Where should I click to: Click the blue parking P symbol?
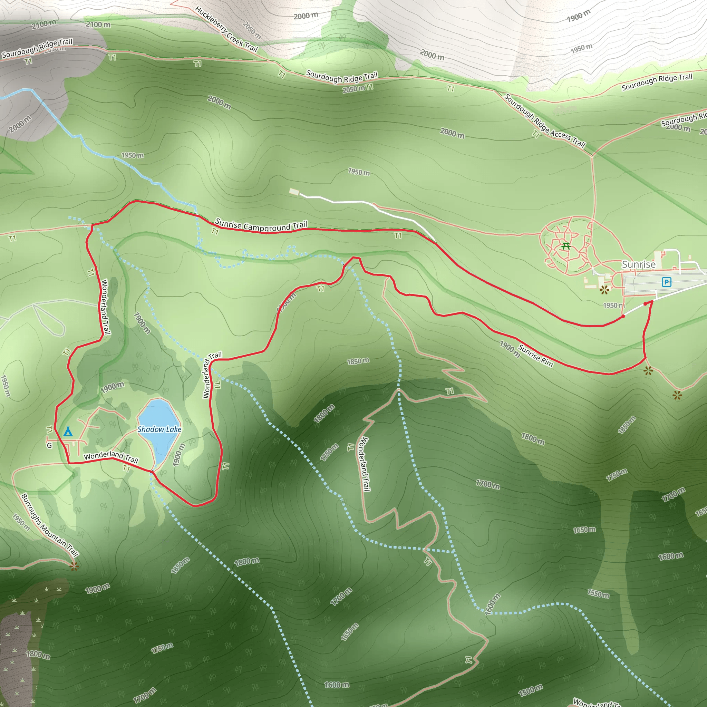(x=666, y=282)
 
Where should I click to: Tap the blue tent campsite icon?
(x=68, y=432)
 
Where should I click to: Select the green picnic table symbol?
(x=566, y=246)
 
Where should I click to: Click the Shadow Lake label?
(x=159, y=429)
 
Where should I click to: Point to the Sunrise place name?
(x=639, y=264)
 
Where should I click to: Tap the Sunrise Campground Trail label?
(x=261, y=225)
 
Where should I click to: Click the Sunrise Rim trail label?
(x=535, y=355)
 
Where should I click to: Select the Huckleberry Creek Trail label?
(x=226, y=29)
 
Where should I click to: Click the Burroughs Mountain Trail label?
(x=50, y=525)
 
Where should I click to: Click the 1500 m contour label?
(x=530, y=690)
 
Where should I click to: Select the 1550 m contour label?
(x=598, y=593)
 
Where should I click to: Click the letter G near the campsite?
(x=49, y=445)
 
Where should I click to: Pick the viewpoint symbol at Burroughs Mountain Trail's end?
(x=74, y=566)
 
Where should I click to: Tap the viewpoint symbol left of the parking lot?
(x=604, y=290)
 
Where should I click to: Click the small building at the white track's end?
(x=294, y=192)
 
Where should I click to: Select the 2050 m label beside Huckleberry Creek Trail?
(x=252, y=30)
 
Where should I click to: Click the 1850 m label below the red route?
(x=358, y=361)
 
